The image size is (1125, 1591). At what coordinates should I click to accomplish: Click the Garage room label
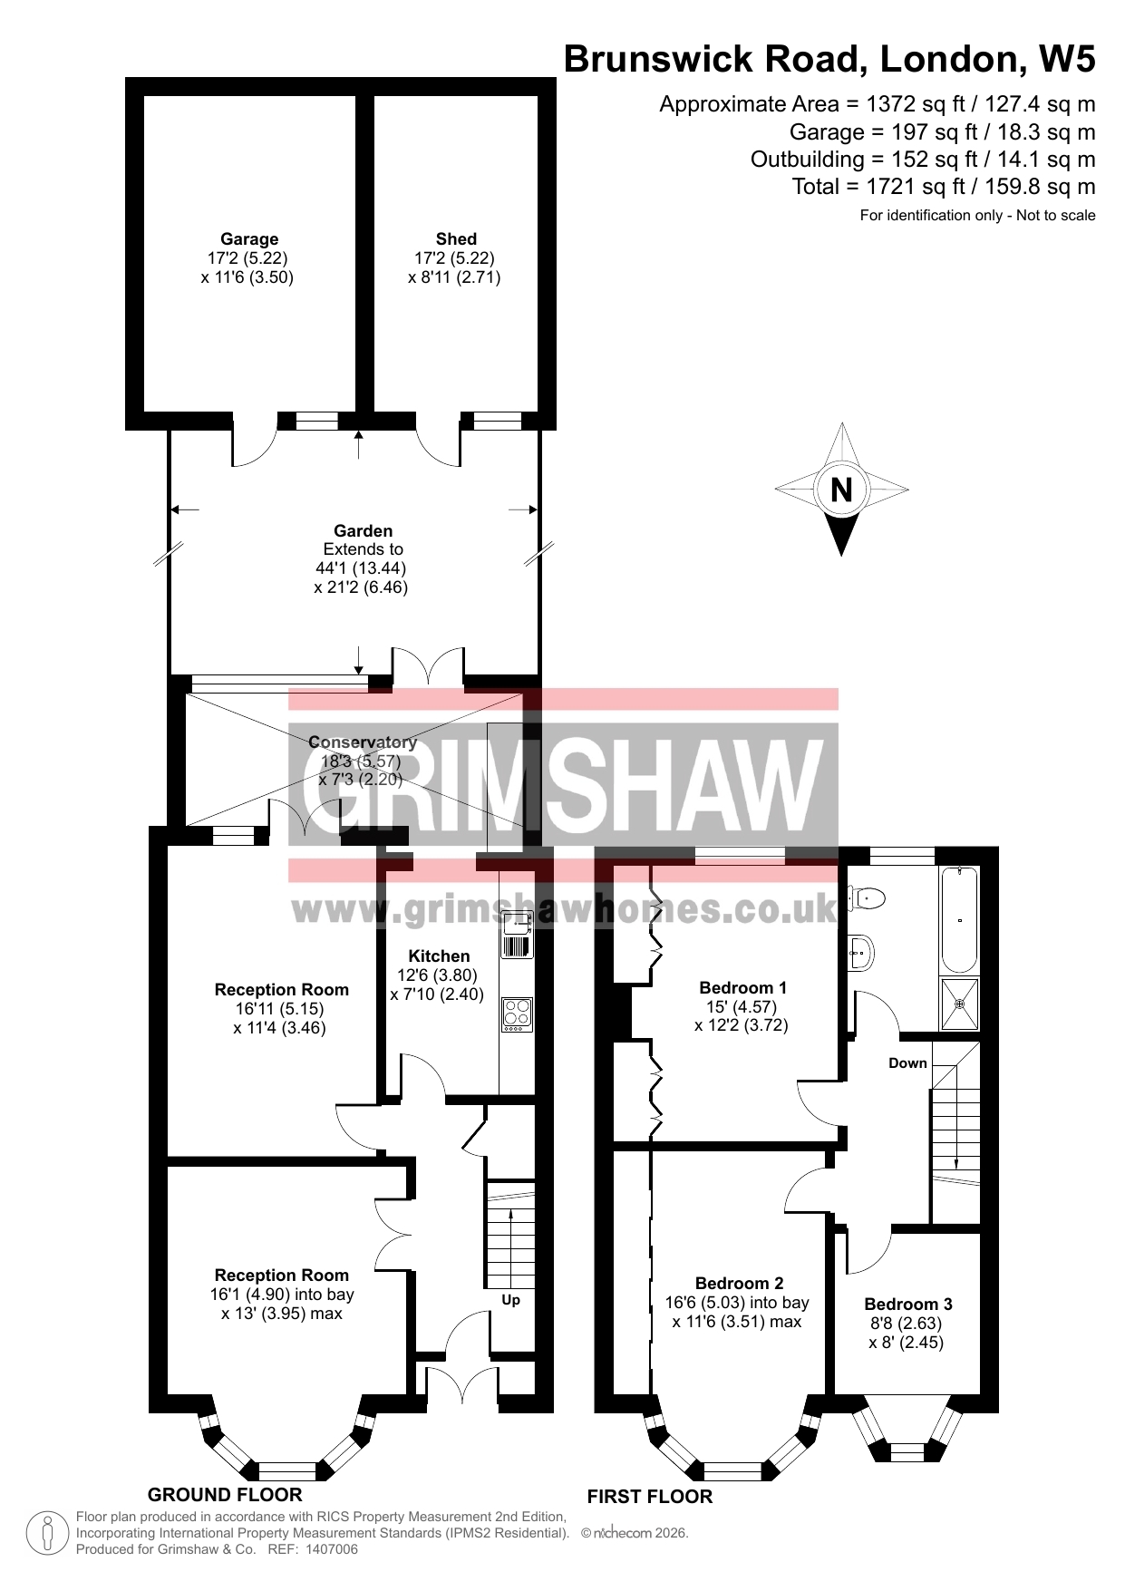pos(249,239)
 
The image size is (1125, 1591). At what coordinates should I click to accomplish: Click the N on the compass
pos(841,490)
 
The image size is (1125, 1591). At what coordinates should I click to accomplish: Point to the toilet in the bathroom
pos(866,897)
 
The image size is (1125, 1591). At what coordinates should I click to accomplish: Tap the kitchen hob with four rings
pos(517,1014)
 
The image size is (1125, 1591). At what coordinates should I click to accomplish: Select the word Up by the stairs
pos(511,1300)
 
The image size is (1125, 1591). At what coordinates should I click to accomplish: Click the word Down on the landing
pos(907,1063)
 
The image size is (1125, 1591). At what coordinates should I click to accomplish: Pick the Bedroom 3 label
pos(908,1305)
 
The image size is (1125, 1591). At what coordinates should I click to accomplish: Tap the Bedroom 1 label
pos(743,988)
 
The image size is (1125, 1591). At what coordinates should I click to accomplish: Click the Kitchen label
pos(439,956)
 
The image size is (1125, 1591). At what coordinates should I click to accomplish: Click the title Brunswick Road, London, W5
pos(829,60)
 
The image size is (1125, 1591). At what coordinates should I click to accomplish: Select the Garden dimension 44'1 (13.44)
pos(361,568)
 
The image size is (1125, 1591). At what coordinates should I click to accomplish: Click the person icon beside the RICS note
pos(48,1533)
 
